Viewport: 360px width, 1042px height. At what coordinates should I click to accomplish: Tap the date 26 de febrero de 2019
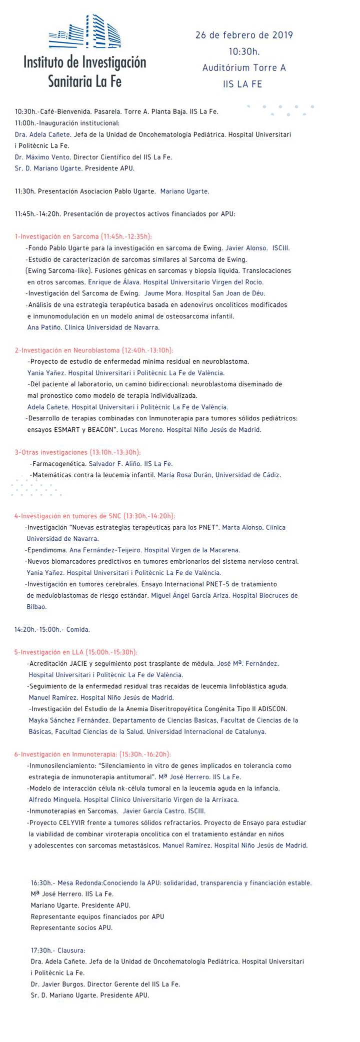click(244, 35)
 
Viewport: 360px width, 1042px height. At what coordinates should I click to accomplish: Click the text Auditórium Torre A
click(244, 68)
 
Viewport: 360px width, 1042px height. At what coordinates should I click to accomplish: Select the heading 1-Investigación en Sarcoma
click(83, 236)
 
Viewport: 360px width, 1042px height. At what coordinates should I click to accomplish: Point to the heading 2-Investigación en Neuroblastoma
click(94, 350)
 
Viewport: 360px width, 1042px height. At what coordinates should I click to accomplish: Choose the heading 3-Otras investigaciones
click(77, 452)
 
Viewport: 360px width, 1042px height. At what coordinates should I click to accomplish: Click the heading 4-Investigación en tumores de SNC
click(94, 516)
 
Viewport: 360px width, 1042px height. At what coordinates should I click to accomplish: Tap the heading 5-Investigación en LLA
click(75, 652)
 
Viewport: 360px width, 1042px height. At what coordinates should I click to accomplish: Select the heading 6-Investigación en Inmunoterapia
click(92, 754)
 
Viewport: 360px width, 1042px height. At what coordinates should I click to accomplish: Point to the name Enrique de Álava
click(114, 282)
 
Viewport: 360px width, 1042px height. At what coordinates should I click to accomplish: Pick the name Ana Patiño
click(44, 327)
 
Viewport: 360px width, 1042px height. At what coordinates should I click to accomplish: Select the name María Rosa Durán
click(184, 475)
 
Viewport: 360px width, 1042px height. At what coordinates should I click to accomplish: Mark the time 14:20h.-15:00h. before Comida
click(39, 630)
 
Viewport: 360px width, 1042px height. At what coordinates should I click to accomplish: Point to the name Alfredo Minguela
click(54, 800)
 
